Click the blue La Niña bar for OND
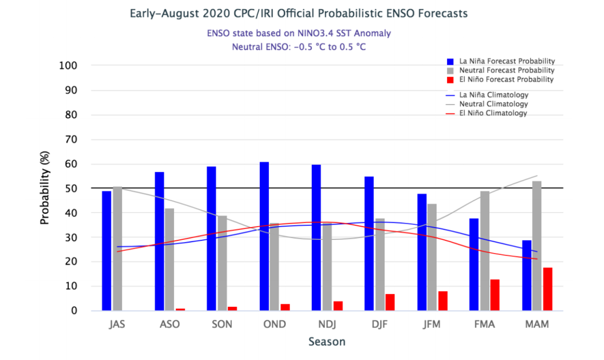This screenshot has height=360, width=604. [264, 236]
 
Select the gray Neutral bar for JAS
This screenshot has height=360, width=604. [117, 249]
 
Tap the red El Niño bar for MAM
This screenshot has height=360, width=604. [547, 289]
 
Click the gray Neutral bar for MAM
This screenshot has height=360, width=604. [537, 246]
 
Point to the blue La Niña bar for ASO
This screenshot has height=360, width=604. [159, 241]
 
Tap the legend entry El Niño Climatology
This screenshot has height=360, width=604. [492, 113]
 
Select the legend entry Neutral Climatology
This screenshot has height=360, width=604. [492, 104]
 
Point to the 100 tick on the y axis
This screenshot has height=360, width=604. [77, 65]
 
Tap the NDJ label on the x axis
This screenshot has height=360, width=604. [327, 324]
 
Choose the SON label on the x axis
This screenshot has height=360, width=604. [222, 324]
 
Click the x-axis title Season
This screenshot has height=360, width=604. [327, 342]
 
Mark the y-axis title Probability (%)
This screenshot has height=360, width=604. [45, 188]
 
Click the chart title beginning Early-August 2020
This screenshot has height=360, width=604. [298, 13]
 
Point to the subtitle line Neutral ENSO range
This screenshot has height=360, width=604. [298, 46]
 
